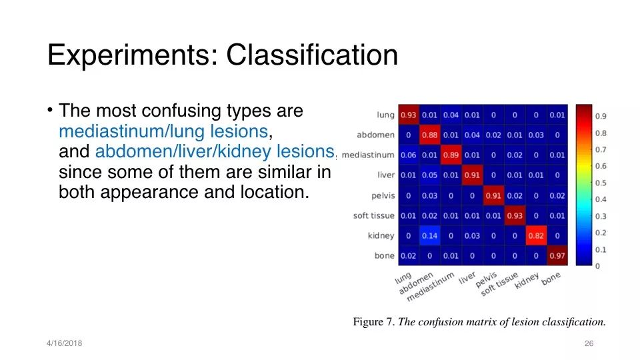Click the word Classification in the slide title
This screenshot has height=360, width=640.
312,55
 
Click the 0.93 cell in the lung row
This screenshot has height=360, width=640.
409,115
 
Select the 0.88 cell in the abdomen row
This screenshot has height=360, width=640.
430,135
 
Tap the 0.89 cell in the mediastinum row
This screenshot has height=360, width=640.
451,155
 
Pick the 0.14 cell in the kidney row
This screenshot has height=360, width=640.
430,235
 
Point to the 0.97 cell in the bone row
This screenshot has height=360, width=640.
557,255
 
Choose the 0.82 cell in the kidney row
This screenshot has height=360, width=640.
536,235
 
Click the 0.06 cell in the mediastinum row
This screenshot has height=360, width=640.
409,155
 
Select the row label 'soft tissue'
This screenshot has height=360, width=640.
374,216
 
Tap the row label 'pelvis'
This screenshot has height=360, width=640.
383,196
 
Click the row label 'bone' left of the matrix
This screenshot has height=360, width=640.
385,256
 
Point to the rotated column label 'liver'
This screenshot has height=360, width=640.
467,277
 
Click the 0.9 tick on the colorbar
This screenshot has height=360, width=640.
601,117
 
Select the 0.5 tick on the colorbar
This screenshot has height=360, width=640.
601,183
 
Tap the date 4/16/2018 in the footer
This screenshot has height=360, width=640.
65,343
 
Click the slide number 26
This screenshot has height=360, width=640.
589,343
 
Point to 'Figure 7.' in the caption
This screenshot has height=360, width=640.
373,322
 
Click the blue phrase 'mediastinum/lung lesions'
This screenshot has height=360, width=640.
163,131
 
